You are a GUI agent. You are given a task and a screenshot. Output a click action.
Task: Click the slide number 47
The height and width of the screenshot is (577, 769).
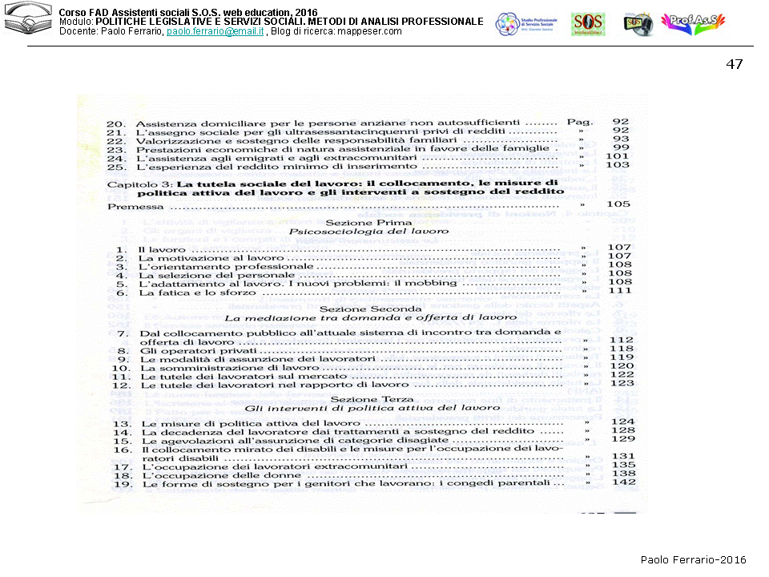734,64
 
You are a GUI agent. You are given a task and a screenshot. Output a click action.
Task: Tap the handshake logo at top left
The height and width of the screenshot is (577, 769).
27,21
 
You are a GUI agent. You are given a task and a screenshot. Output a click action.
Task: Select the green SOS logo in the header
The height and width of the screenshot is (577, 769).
588,24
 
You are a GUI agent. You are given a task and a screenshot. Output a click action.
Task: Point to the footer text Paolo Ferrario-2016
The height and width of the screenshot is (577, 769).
693,559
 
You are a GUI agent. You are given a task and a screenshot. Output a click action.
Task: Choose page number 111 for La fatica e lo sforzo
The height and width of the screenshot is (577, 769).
620,292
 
